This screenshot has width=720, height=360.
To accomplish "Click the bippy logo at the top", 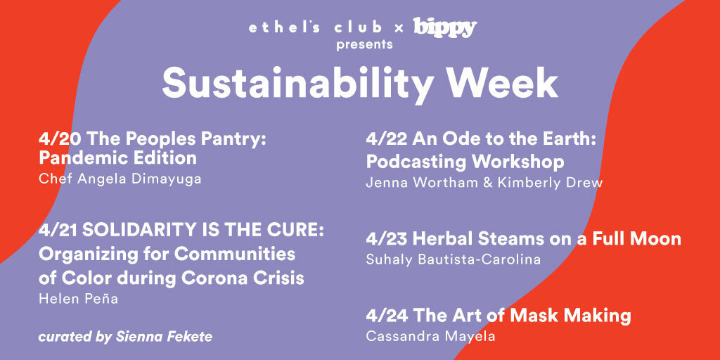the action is coord(445,28).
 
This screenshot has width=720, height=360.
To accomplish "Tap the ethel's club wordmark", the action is coord(315,27).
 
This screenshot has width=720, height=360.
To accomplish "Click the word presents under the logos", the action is coord(364,45).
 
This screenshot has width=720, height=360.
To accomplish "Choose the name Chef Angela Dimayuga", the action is coord(120,179).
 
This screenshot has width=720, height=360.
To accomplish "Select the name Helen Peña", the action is coord(79,298).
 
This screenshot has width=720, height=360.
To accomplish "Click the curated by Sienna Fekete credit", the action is coord(125,337).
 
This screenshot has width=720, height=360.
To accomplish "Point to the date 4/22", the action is coord(387,139).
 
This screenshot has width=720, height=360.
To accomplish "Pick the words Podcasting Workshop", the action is coord(465,162).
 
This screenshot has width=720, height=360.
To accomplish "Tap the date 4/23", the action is coord(387,239).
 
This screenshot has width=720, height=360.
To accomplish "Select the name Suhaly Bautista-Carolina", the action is coord(454,259).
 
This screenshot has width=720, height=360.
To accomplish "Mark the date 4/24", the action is coord(387,316).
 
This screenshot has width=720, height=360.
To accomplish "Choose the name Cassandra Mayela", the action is coord(431,337).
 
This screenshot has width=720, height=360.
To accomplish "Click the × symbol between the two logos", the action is coord(399,29).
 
